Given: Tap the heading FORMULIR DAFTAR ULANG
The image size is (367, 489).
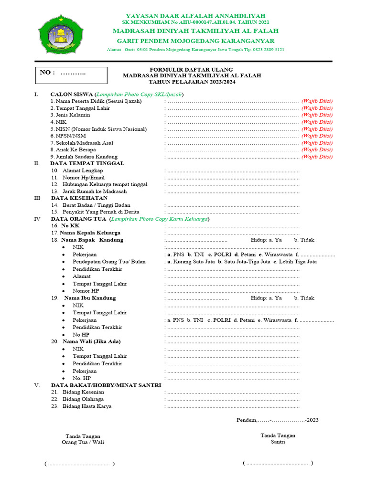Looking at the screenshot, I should pyautogui.click(x=192, y=69).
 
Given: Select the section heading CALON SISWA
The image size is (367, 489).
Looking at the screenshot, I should pyautogui.click(x=72, y=94).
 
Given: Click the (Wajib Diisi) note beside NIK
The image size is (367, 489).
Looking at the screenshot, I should pyautogui.click(x=317, y=122).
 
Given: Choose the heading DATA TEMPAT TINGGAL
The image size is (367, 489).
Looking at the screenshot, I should pyautogui.click(x=87, y=163).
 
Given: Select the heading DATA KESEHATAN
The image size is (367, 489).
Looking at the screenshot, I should pyautogui.click(x=79, y=198).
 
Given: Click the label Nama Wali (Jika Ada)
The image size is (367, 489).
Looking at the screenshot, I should pyautogui.click(x=91, y=341).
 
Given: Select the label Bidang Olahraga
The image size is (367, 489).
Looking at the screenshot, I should pyautogui.click(x=83, y=399).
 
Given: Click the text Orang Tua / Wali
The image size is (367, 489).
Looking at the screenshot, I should pyautogui.click(x=83, y=442).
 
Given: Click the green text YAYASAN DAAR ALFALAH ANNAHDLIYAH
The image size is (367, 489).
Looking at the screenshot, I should pyautogui.click(x=195, y=16).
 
